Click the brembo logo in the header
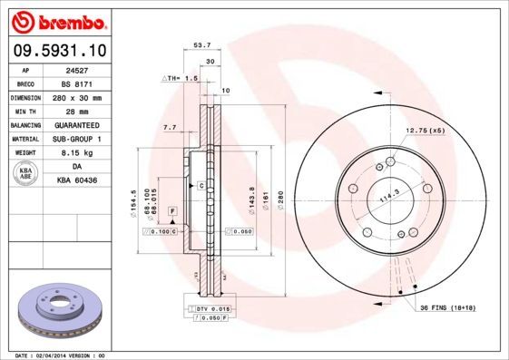tap(57, 20)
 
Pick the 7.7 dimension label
tap(168, 128)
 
